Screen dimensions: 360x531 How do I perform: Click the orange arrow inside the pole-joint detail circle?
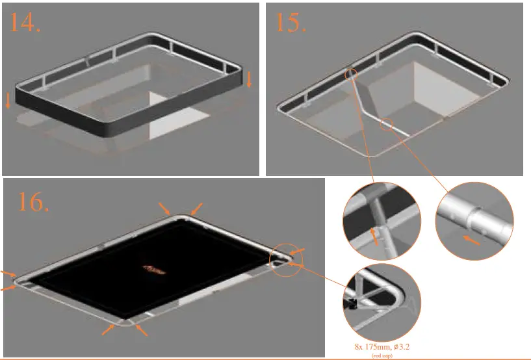tap(374, 235)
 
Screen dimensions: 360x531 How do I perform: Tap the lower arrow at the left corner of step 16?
tap(10, 287)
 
